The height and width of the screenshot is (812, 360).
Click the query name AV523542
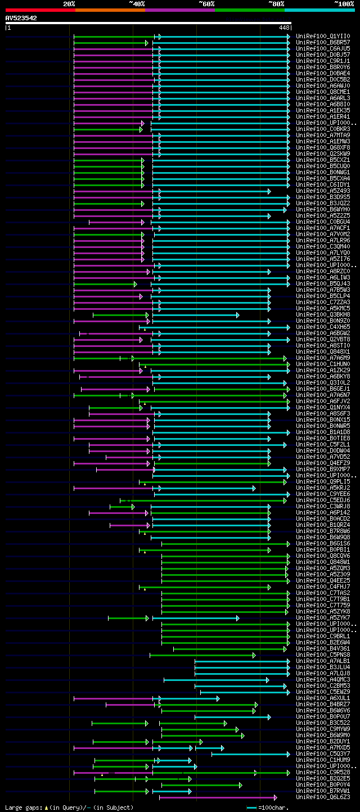(21, 18)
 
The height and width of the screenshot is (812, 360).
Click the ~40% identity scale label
(137, 3)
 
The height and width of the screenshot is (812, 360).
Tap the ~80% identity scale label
(276, 3)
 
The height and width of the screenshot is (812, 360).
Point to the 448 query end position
(283, 27)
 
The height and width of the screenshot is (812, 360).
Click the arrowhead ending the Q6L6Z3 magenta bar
(275, 797)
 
